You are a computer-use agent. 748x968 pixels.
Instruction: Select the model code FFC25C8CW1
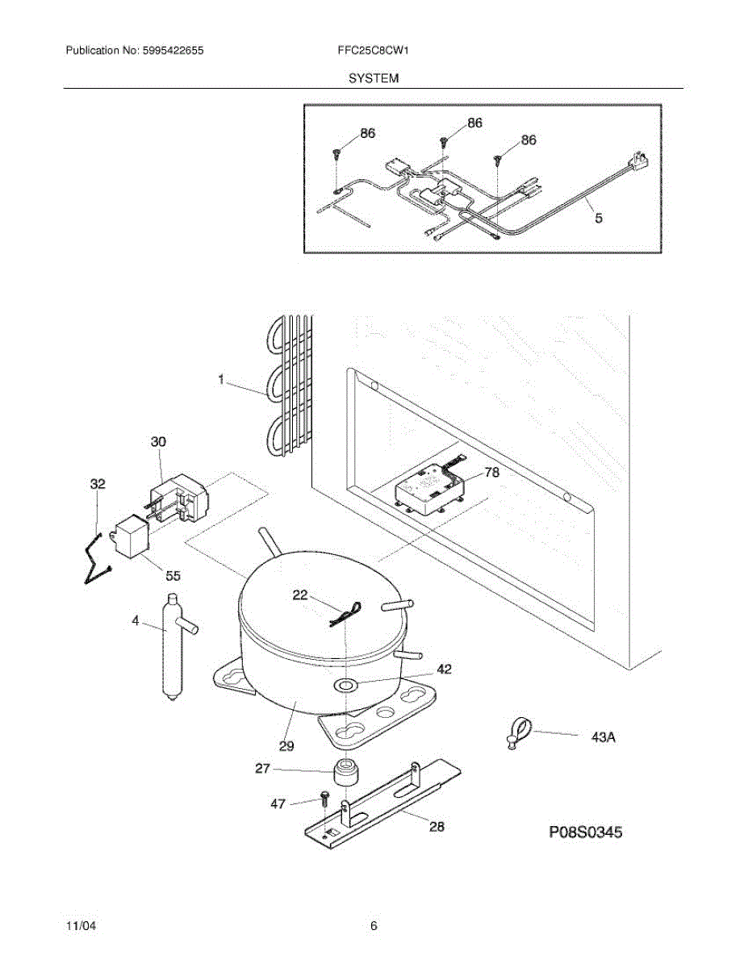[x=374, y=50]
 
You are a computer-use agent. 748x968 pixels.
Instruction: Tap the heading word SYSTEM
[x=374, y=78]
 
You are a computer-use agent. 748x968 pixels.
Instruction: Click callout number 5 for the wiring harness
[x=598, y=217]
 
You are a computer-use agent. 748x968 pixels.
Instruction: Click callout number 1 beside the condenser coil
[x=221, y=378]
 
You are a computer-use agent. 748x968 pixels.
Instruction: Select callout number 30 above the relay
[x=158, y=442]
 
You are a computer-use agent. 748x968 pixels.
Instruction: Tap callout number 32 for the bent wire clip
[x=98, y=484]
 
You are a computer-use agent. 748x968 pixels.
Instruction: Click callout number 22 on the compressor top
[x=300, y=595]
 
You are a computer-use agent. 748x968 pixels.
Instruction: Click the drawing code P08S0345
[x=585, y=832]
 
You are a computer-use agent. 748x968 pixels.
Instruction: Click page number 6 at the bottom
[x=374, y=926]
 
